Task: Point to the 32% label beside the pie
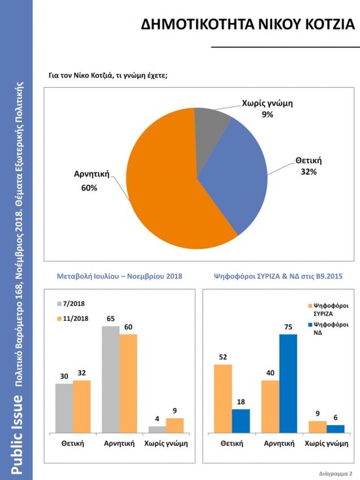tap(308, 171)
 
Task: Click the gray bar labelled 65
tap(111, 380)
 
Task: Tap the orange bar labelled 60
tap(128, 384)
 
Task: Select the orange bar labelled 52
tap(223, 398)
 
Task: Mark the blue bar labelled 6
tap(336, 429)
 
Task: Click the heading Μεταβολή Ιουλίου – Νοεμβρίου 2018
tap(120, 277)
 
